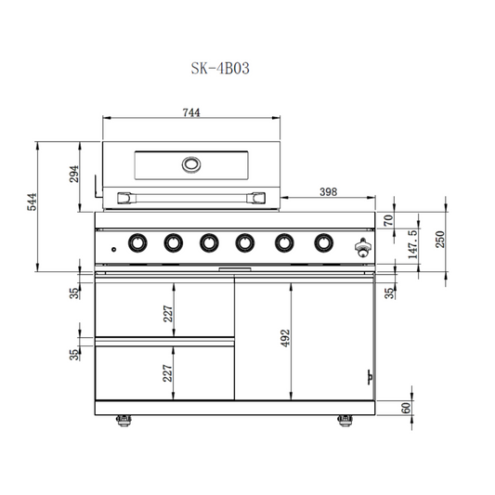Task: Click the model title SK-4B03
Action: tap(220, 68)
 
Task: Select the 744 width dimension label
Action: tap(191, 112)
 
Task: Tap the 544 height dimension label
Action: tap(32, 202)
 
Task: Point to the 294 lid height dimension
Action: tap(74, 174)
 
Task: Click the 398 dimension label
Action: tap(329, 191)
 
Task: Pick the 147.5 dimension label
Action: tap(412, 244)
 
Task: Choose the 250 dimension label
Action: tap(440, 240)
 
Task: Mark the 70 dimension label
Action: tap(388, 220)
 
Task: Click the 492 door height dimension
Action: tap(285, 338)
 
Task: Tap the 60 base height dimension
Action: tap(406, 408)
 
